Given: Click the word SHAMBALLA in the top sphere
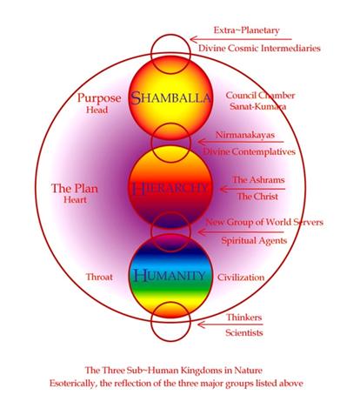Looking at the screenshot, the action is click(x=170, y=97).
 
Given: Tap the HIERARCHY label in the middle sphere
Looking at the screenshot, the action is click(x=170, y=188).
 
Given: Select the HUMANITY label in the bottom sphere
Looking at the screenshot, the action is click(x=170, y=276).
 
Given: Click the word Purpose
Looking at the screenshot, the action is click(x=99, y=98).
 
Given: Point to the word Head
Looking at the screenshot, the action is click(x=97, y=110).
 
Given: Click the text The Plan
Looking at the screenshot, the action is click(x=75, y=188).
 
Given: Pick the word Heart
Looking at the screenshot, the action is click(x=75, y=200).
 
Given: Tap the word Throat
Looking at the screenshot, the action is click(x=99, y=277).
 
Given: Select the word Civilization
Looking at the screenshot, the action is click(x=241, y=278).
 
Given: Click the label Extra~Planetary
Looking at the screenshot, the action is click(x=247, y=30).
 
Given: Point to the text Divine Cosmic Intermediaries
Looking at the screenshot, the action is click(x=259, y=48).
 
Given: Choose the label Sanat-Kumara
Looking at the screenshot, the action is click(x=258, y=106).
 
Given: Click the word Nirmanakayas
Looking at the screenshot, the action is click(x=245, y=135).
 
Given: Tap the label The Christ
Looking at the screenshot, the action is click(x=257, y=197).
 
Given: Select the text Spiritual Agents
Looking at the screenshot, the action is click(x=254, y=241).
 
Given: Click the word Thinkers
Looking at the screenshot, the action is click(x=244, y=318).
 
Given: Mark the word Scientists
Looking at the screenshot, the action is click(x=244, y=332).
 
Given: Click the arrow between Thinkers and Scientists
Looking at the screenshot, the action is click(x=230, y=325).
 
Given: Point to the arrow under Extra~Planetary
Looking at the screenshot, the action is click(x=241, y=39).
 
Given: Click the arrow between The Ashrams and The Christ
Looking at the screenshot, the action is click(x=252, y=189).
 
